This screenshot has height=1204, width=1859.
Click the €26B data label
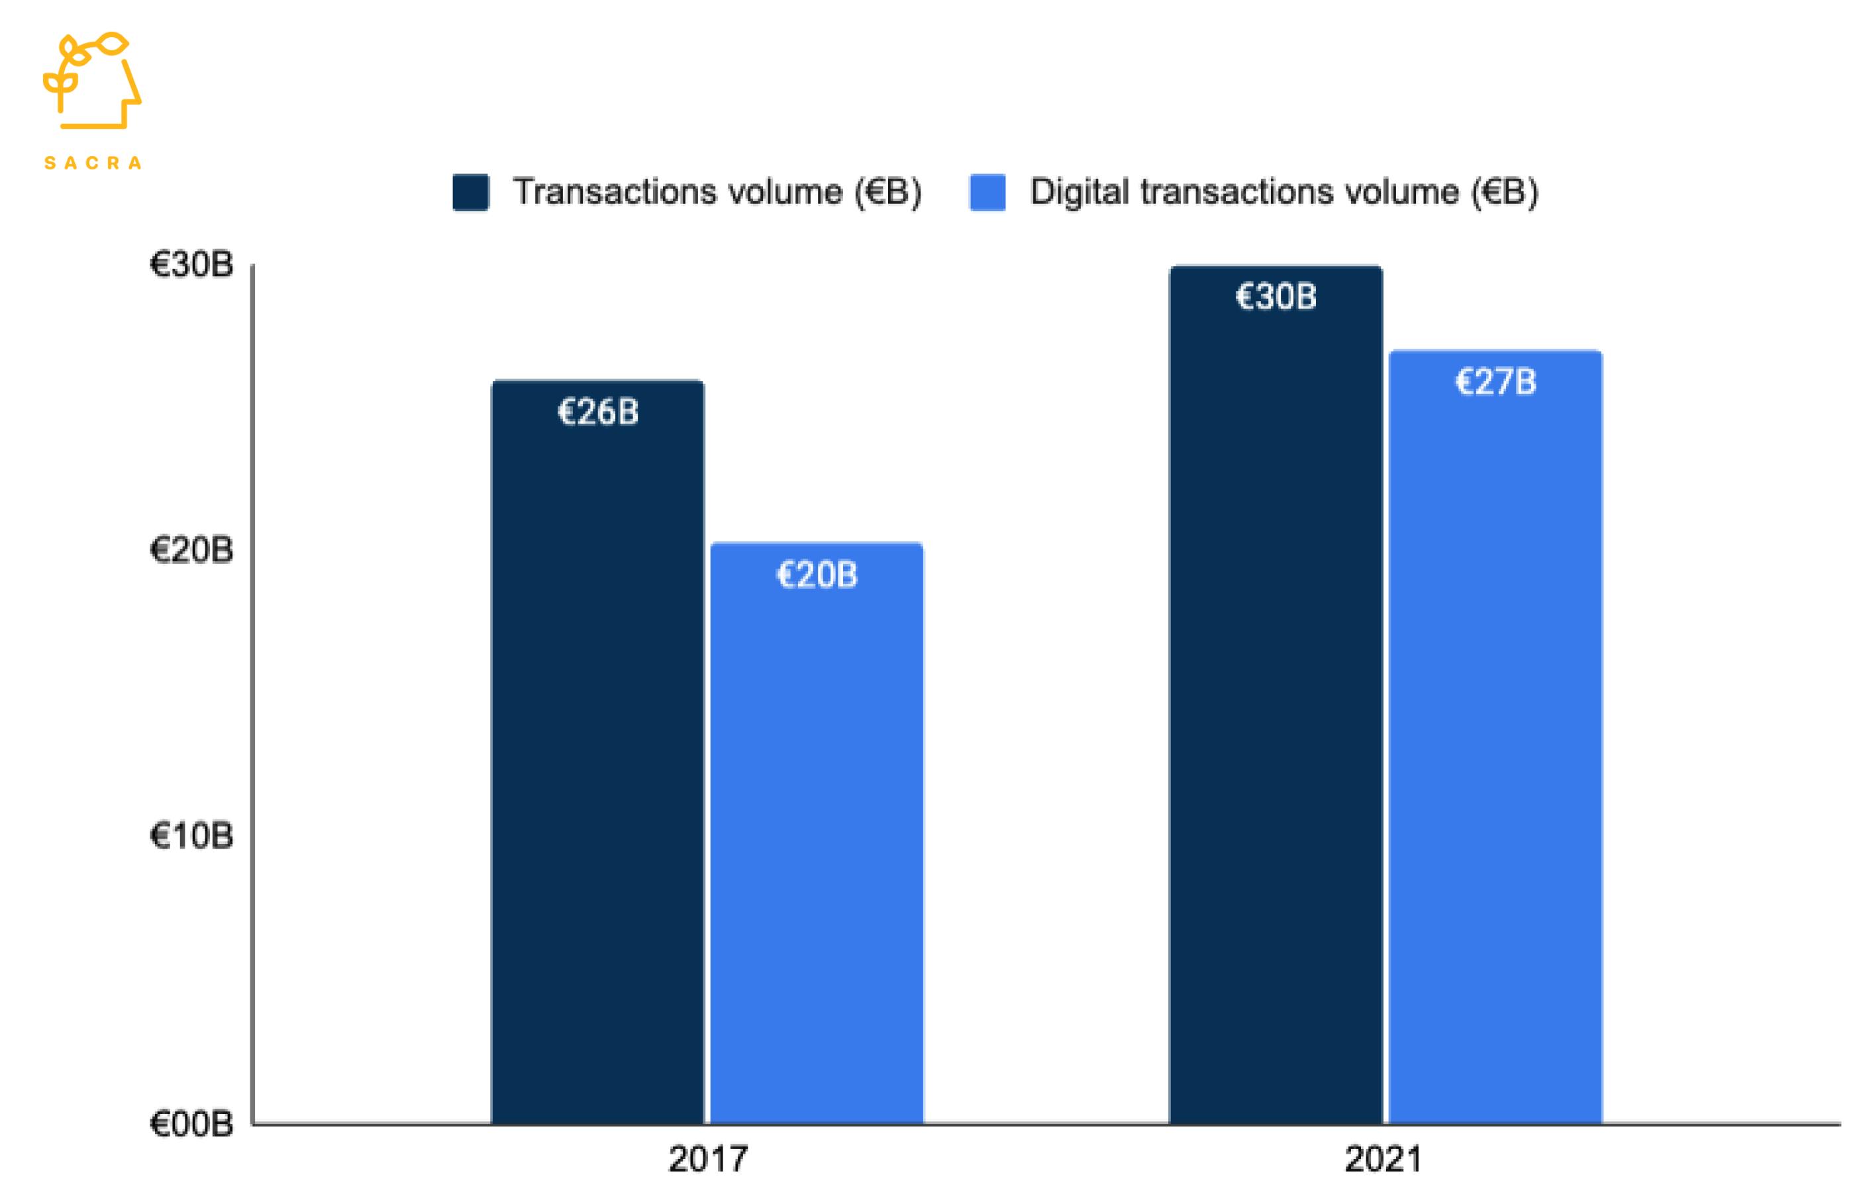[x=597, y=412]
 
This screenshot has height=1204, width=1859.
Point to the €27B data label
[x=1495, y=382]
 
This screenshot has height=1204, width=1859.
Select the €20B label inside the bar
[x=816, y=575]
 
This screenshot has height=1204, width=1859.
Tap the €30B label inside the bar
[x=1276, y=297]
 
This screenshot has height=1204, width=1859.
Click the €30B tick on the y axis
[x=191, y=265]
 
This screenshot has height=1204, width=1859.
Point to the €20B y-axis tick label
[x=191, y=551]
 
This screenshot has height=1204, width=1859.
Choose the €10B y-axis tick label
[x=191, y=836]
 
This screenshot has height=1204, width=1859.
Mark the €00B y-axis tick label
[x=191, y=1123]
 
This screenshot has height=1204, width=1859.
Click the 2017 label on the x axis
[x=708, y=1159]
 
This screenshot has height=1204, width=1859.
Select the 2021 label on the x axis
[x=1383, y=1159]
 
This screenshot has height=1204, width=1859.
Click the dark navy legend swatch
[x=471, y=192]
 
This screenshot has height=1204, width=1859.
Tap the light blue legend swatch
[x=987, y=192]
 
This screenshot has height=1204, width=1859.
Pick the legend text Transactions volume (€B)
[x=717, y=192]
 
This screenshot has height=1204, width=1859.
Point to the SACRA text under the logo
[x=92, y=163]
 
